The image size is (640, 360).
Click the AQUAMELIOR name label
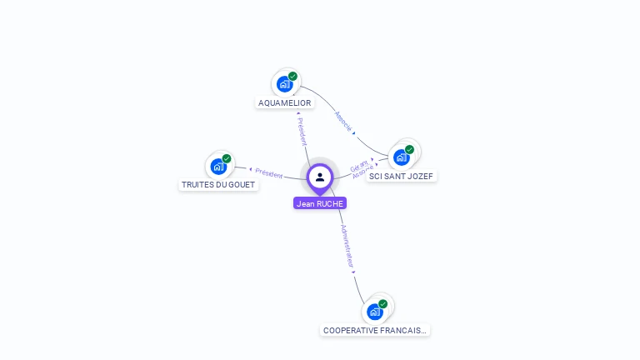pyautogui.click(x=285, y=103)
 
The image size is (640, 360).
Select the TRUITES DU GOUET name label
pyautogui.click(x=219, y=185)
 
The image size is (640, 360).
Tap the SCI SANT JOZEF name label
pyautogui.click(x=402, y=177)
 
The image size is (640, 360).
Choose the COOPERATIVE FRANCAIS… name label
pyautogui.click(x=375, y=330)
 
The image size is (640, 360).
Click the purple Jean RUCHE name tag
pyautogui.click(x=320, y=203)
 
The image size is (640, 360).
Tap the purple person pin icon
pyautogui.click(x=320, y=177)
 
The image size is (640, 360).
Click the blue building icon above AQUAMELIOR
pyautogui.click(x=284, y=84)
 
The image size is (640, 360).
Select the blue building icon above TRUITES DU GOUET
pyautogui.click(x=217, y=166)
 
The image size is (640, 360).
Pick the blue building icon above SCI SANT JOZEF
pyautogui.click(x=401, y=157)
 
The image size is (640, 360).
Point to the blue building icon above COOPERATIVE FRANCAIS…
pyautogui.click(x=374, y=312)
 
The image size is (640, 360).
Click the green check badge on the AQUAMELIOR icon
pyautogui.click(x=293, y=77)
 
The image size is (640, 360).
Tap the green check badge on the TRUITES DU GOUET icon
pyautogui.click(x=227, y=158)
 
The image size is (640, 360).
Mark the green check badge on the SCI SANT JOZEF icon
pyautogui.click(x=410, y=150)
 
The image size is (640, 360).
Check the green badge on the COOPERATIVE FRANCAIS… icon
pyautogui.click(x=383, y=304)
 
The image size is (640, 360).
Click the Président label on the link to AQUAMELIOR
pyautogui.click(x=302, y=131)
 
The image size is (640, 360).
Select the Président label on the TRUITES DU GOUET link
pyautogui.click(x=269, y=172)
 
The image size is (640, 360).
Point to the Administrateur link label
pyautogui.click(x=347, y=245)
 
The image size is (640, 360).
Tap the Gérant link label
pyautogui.click(x=357, y=165)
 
